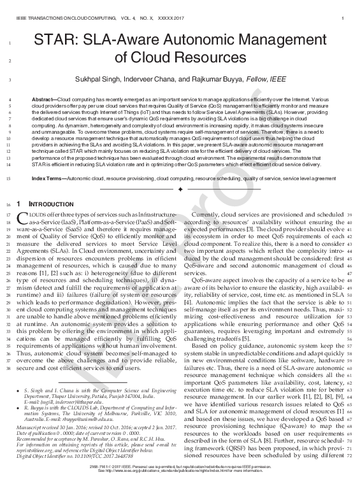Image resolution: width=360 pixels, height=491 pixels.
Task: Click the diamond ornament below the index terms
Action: point(180,190)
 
